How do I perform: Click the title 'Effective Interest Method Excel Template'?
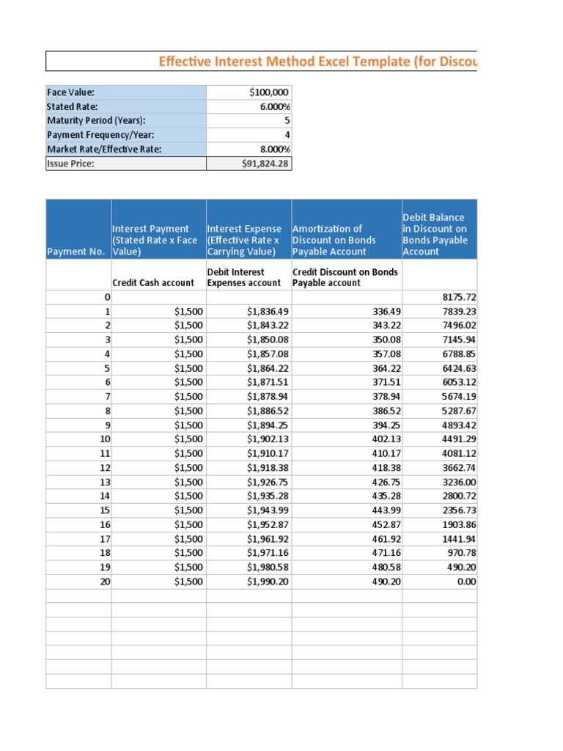(x=317, y=62)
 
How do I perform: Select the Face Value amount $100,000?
(x=269, y=92)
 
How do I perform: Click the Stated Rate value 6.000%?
(x=271, y=107)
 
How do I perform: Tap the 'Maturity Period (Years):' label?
(x=96, y=121)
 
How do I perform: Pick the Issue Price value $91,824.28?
(x=265, y=164)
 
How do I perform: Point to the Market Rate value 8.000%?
(x=271, y=150)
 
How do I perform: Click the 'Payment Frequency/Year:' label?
(x=95, y=135)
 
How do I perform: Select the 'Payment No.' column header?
(x=78, y=252)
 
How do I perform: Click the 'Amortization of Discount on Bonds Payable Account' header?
(x=334, y=240)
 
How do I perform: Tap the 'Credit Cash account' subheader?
(x=153, y=283)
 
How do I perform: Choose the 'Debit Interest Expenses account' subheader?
(x=243, y=277)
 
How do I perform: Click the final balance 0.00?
(x=466, y=582)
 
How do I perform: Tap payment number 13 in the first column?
(x=104, y=482)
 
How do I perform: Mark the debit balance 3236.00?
(x=460, y=482)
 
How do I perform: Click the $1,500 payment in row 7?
(x=189, y=397)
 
